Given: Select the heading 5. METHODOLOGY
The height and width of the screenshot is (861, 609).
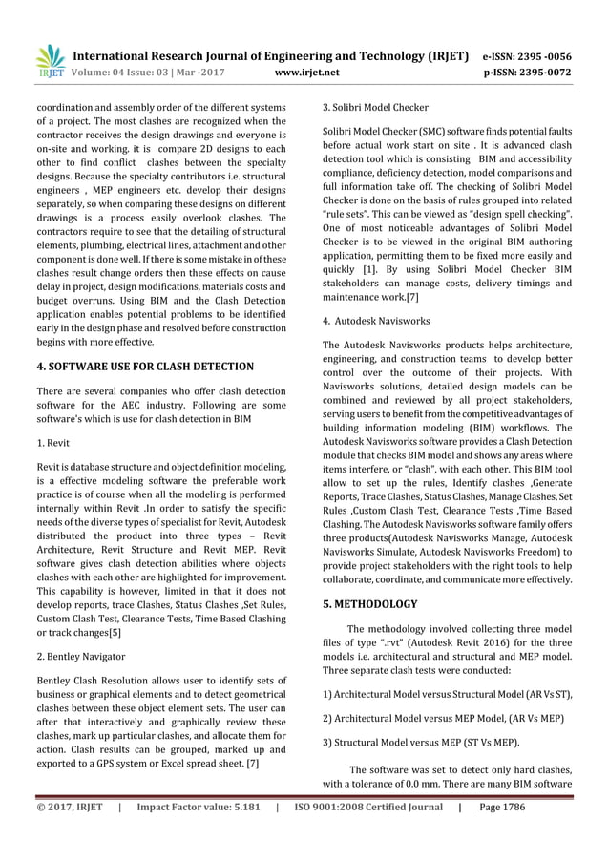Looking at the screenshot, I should tap(370, 604).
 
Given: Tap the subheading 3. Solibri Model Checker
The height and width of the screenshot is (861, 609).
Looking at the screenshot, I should tap(375, 107).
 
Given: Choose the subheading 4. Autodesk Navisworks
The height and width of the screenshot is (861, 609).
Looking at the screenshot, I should tap(376, 321).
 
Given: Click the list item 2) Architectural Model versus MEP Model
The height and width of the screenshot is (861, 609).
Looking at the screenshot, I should tap(441, 717).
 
